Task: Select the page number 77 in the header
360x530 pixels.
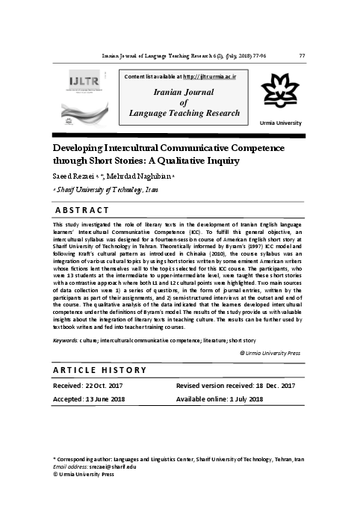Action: [301, 56]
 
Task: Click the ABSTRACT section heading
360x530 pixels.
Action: [83, 209]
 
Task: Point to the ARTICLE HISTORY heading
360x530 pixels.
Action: [99, 372]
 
